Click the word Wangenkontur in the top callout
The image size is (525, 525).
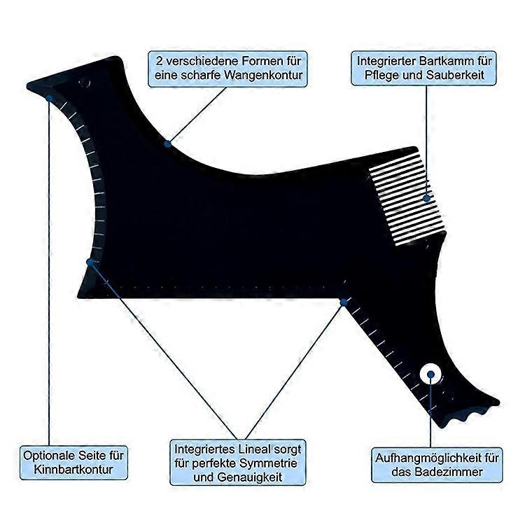click(x=263, y=76)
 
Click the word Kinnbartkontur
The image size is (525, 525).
click(x=73, y=469)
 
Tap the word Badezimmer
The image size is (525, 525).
click(x=449, y=472)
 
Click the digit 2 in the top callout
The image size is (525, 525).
click(x=160, y=62)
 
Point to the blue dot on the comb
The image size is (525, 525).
click(x=426, y=198)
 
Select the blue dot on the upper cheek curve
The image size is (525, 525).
click(x=168, y=144)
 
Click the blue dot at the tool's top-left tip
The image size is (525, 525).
click(x=49, y=98)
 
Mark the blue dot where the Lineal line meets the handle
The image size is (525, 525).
click(x=344, y=302)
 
